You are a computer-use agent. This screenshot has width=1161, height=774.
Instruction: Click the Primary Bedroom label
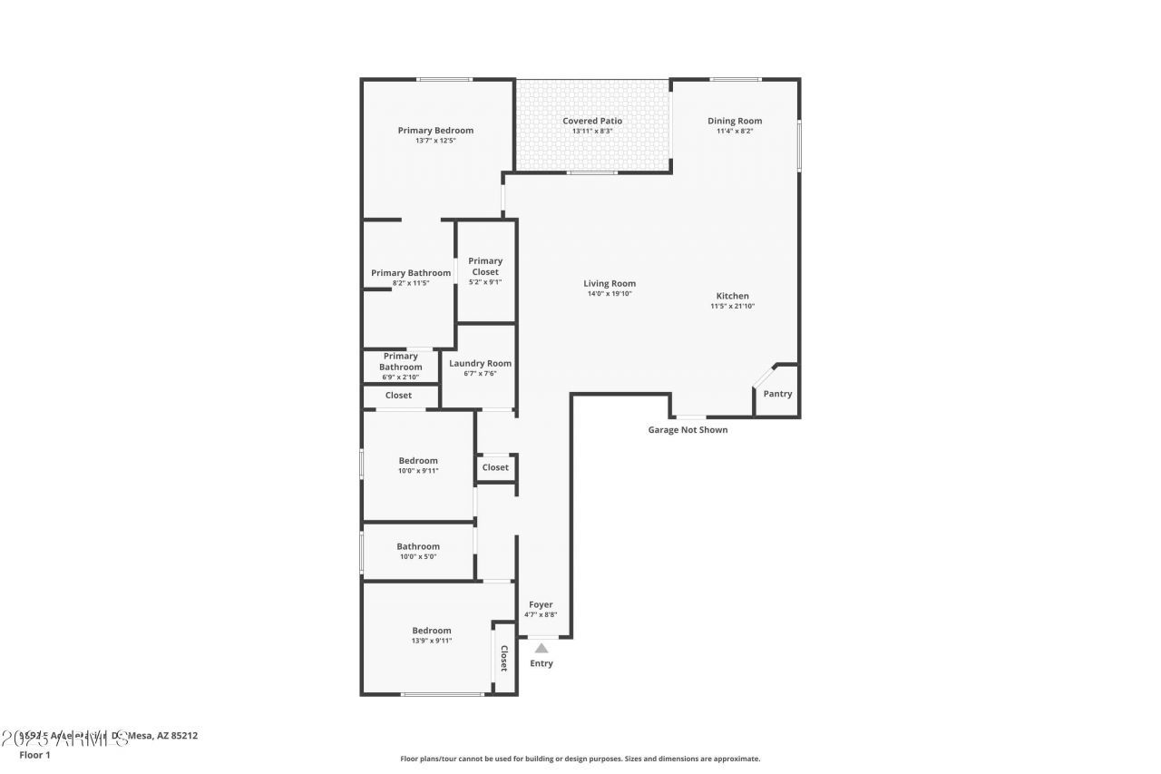pyautogui.click(x=435, y=130)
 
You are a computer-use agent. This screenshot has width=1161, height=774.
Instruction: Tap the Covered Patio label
pyautogui.click(x=592, y=121)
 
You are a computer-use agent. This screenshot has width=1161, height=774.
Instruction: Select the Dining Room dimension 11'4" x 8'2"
pyautogui.click(x=735, y=132)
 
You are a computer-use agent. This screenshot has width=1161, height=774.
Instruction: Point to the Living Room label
pyautogui.click(x=610, y=283)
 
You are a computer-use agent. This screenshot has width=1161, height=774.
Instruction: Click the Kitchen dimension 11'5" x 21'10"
pyautogui.click(x=732, y=307)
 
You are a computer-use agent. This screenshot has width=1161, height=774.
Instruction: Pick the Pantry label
pyautogui.click(x=777, y=394)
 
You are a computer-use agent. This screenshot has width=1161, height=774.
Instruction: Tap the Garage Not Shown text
pyautogui.click(x=688, y=430)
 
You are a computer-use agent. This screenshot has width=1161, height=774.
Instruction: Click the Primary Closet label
pyautogui.click(x=485, y=267)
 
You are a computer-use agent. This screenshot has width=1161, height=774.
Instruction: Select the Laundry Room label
pyautogui.click(x=481, y=363)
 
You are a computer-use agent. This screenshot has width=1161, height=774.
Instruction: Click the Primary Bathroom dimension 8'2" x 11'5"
pyautogui.click(x=410, y=284)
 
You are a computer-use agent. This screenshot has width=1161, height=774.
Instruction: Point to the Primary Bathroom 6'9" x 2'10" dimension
pyautogui.click(x=400, y=377)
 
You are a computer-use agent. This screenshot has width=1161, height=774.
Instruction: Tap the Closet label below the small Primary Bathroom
pyautogui.click(x=398, y=396)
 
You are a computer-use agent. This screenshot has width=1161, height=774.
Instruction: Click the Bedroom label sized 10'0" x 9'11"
pyautogui.click(x=418, y=460)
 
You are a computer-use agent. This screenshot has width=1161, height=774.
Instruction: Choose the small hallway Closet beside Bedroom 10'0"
pyautogui.click(x=495, y=467)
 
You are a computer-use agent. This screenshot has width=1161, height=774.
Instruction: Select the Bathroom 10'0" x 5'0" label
pyautogui.click(x=418, y=546)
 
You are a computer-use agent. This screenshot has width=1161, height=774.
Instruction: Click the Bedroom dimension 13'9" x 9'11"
pyautogui.click(x=431, y=641)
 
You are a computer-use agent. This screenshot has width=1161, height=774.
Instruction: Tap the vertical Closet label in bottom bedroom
pyautogui.click(x=504, y=657)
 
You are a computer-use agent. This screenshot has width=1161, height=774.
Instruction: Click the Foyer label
pyautogui.click(x=541, y=604)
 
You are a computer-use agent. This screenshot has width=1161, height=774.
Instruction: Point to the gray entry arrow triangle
pyautogui.click(x=541, y=648)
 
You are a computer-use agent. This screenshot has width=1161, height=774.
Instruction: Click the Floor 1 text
pyautogui.click(x=35, y=754)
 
